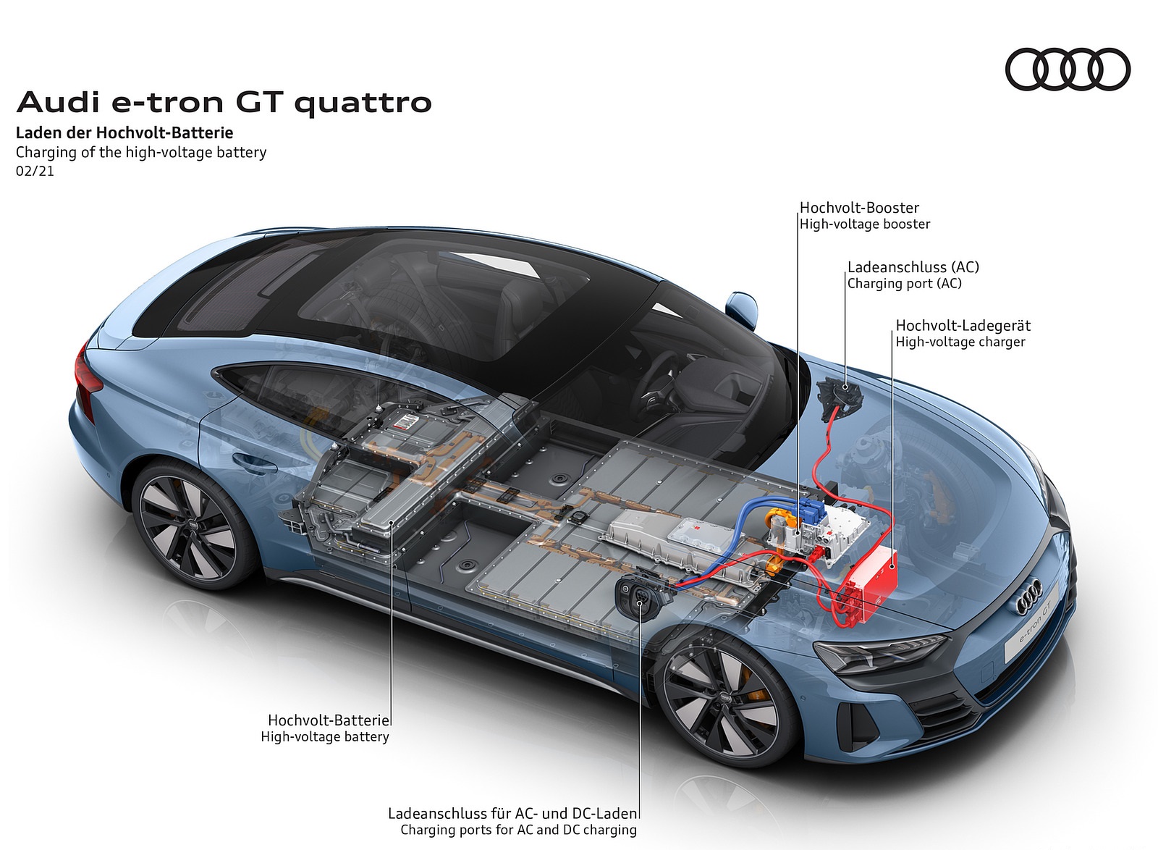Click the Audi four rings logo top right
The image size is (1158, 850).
click(1068, 70)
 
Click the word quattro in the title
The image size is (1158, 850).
click(363, 104)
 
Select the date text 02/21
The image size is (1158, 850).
click(35, 172)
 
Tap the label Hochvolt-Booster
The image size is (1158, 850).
click(859, 208)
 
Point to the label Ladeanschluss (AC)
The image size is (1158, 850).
click(913, 267)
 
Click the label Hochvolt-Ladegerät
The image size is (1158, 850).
click(963, 326)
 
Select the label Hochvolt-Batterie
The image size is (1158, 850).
click(329, 720)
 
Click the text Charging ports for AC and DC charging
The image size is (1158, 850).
click(518, 830)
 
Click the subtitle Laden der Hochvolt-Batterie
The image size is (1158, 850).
click(124, 132)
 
